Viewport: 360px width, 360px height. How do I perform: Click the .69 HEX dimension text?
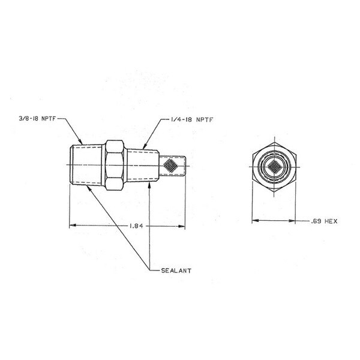tap(325, 221)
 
